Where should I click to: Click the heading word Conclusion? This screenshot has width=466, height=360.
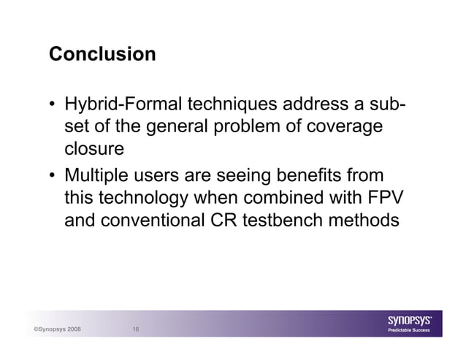102,55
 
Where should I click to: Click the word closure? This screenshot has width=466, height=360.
93,150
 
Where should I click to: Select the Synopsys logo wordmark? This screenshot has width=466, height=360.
413,319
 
